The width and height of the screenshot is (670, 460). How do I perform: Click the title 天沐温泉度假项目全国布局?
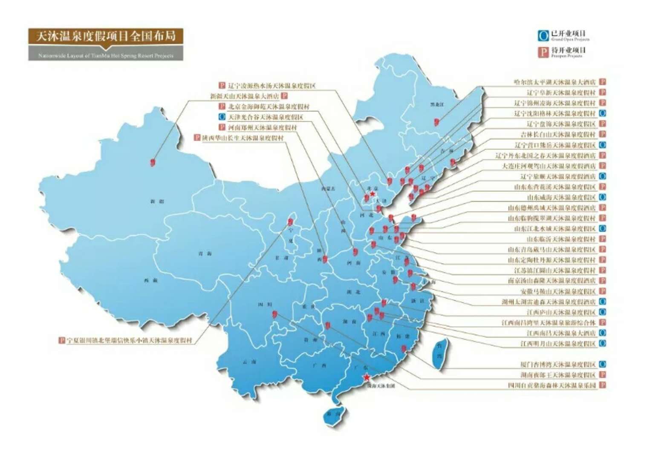click(x=106, y=36)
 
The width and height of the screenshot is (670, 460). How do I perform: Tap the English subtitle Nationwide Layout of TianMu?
click(x=106, y=55)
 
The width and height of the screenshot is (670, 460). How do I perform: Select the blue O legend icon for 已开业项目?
click(x=543, y=35)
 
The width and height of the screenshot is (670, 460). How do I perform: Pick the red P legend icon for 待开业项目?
click(x=543, y=52)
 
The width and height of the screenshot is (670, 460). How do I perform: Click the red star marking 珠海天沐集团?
click(x=367, y=377)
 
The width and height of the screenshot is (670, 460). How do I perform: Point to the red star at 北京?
click(x=372, y=194)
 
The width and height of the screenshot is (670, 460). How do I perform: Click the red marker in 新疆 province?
click(x=153, y=162)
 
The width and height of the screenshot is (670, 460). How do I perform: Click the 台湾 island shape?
click(x=440, y=354)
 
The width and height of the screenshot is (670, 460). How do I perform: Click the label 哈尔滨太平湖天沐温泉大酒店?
click(x=554, y=82)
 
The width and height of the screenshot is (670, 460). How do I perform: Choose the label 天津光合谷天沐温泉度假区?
click(x=266, y=117)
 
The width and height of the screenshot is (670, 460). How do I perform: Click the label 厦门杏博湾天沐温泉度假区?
click(x=557, y=365)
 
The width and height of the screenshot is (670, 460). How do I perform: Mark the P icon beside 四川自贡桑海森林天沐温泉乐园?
click(x=603, y=385)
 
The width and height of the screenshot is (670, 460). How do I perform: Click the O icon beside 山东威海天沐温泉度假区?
click(x=603, y=197)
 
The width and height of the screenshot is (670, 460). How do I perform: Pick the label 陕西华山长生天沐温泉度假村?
click(x=243, y=138)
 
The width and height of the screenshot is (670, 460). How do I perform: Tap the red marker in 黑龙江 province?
click(x=436, y=122)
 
